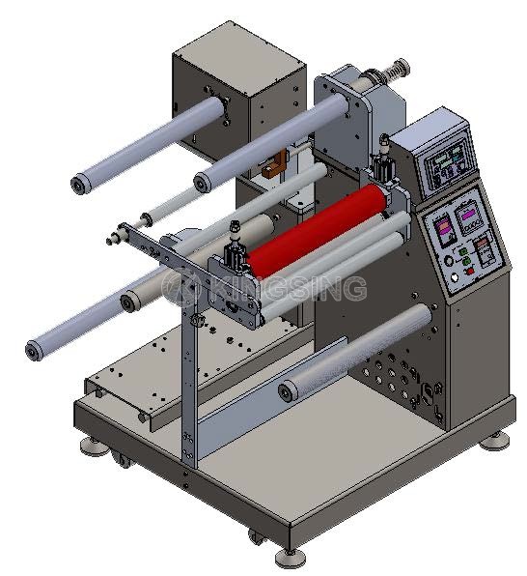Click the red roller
tap(317, 230)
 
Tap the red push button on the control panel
tap(470, 272)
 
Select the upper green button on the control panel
tap(463, 252)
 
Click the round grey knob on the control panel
tap(449, 261)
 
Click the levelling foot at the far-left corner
tap(94, 446)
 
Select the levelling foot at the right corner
tap(495, 441)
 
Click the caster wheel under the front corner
tap(256, 537)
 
